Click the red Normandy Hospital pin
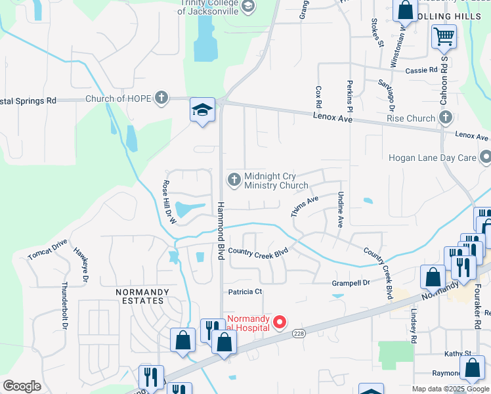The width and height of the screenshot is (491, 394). pyautogui.click(x=280, y=322)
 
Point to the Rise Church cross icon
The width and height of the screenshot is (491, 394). pyautogui.click(x=446, y=118)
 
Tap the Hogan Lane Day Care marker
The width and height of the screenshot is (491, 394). pyautogui.click(x=486, y=158)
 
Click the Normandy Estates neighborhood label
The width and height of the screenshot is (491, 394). pyautogui.click(x=142, y=295)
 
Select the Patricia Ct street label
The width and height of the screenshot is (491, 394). pyautogui.click(x=245, y=292)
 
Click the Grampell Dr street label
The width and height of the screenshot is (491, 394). pyautogui.click(x=351, y=283)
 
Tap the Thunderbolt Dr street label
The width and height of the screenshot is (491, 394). pyautogui.click(x=64, y=305)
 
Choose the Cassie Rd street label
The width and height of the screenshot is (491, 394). pyautogui.click(x=421, y=70)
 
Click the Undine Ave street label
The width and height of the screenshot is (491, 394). pyautogui.click(x=340, y=209)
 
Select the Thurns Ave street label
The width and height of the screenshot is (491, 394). pyautogui.click(x=305, y=206)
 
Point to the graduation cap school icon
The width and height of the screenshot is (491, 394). pyautogui.click(x=203, y=110)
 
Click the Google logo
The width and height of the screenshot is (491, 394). pyautogui.click(x=22, y=386)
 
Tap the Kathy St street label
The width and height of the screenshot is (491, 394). pyautogui.click(x=458, y=353)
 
